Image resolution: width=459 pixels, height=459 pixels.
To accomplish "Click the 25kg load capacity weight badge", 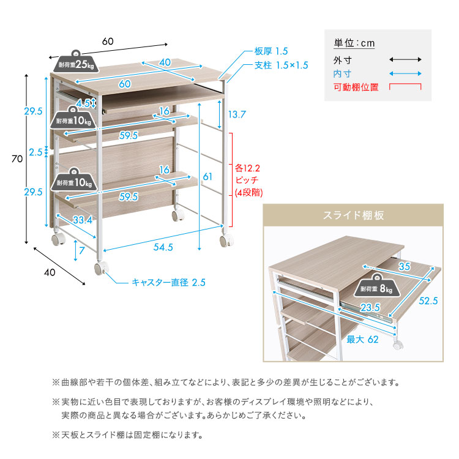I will (x=76, y=62).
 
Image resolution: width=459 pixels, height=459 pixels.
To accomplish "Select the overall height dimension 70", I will (x=17, y=159).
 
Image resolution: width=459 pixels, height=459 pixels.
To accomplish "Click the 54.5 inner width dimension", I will (x=162, y=247).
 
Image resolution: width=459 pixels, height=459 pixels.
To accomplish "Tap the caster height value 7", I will (x=82, y=251).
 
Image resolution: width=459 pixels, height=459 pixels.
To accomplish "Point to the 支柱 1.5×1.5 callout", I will (x=281, y=65).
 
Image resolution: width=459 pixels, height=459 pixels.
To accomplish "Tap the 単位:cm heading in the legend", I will (x=354, y=43).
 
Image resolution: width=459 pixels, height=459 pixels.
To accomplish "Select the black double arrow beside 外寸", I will (x=405, y=60).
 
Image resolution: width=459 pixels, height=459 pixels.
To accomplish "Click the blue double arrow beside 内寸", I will (x=405, y=74).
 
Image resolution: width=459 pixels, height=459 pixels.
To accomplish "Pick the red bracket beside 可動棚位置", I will (x=405, y=88).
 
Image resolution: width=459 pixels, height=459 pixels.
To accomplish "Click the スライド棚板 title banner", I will (x=354, y=215).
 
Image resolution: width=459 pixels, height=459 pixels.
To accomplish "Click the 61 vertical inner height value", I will (x=207, y=177).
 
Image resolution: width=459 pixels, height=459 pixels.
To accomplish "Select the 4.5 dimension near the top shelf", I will (x=86, y=103).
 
